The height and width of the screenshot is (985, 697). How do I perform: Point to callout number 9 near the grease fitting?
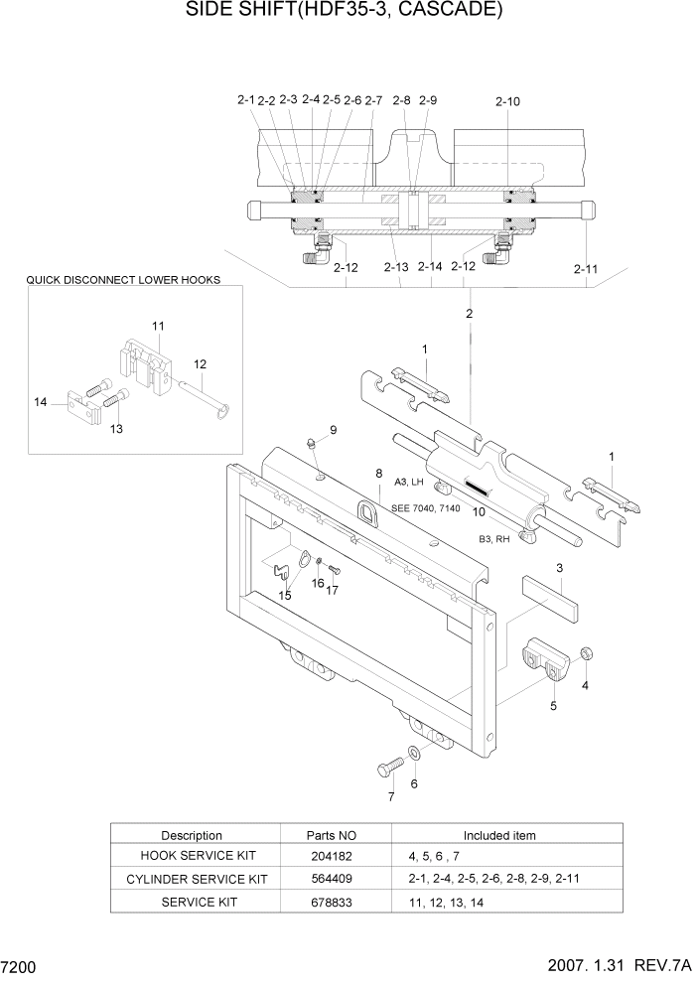point(334,430)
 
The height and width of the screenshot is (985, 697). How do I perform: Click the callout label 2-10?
point(506,101)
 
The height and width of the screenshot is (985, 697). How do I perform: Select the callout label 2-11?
point(587,268)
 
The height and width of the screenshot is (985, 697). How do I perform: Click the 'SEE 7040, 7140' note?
point(425,507)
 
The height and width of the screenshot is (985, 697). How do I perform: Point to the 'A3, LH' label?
point(410,482)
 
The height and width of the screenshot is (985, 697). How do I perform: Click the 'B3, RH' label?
point(494,538)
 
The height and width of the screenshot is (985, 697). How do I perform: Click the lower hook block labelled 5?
point(544,662)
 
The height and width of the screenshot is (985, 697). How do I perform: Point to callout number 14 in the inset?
point(40,402)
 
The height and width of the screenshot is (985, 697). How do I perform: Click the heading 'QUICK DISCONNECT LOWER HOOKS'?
point(123,280)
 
